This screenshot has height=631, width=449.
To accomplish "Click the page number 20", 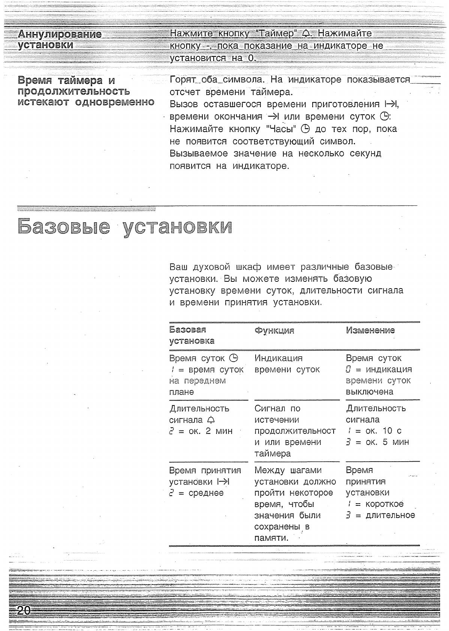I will (23, 610).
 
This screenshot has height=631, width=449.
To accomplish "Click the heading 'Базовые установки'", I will (124, 226).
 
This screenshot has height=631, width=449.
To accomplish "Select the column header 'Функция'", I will (274, 330).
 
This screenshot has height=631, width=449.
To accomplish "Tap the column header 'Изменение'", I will (370, 330).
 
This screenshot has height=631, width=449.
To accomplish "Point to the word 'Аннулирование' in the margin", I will (60, 34).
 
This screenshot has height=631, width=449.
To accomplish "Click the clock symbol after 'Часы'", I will (306, 129).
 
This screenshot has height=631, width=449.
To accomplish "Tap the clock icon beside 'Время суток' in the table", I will (233, 358).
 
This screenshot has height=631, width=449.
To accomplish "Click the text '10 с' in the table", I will (392, 431).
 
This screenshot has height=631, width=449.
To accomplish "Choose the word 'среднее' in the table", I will (206, 493).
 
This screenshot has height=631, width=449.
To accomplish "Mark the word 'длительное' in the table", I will (390, 515).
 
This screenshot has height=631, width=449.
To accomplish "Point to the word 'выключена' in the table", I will (370, 392).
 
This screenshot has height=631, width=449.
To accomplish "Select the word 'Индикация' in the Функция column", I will (278, 358).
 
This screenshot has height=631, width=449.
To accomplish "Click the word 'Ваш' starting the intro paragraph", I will (178, 267).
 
